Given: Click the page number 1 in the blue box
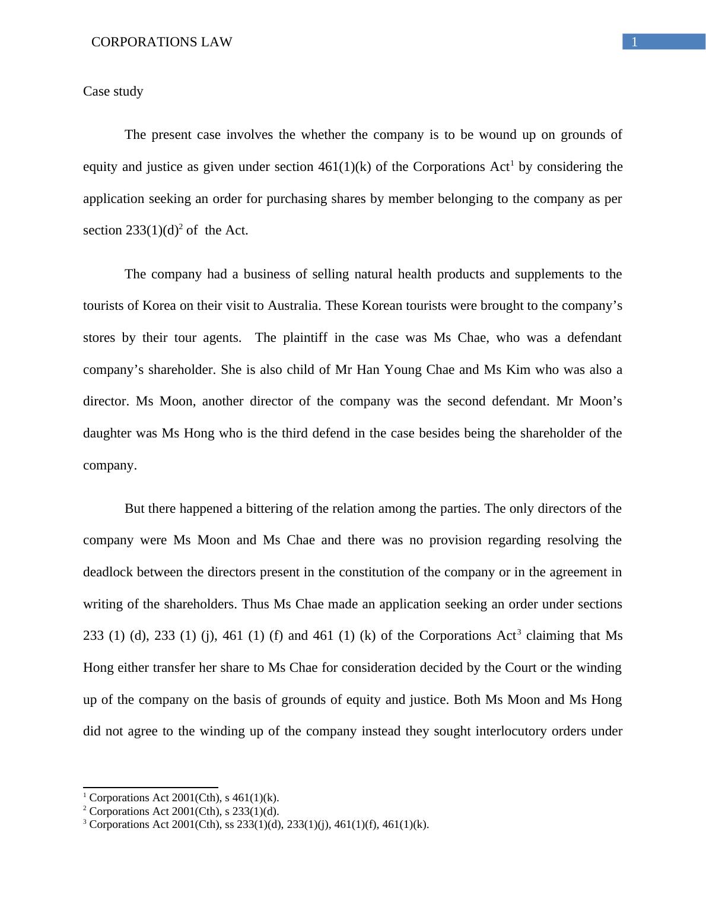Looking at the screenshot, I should [634, 42].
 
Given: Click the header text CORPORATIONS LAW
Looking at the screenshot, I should [161, 42].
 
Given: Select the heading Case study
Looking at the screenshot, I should [113, 91].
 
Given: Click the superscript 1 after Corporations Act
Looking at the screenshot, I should [512, 163].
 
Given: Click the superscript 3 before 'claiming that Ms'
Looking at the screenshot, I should [519, 632].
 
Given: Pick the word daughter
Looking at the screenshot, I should [107, 433].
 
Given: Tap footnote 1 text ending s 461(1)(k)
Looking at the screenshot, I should [183, 798].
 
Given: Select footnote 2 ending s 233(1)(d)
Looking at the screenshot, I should [183, 811].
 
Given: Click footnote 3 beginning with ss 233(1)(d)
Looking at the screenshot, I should [259, 824].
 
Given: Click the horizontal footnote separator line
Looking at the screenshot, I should [151, 787].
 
